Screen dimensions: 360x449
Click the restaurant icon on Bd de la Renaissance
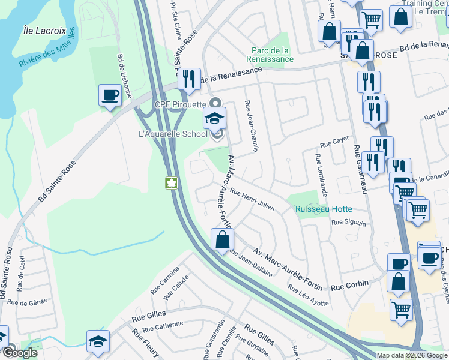(189, 79)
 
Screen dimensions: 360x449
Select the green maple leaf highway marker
(171, 182)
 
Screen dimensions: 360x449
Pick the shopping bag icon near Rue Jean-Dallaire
(222, 240)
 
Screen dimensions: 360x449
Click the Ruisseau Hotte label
(323, 209)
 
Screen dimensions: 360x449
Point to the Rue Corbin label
(349, 285)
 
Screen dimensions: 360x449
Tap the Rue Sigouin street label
(349, 222)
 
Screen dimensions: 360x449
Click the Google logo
(19, 353)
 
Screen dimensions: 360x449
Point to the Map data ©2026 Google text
(412, 355)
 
